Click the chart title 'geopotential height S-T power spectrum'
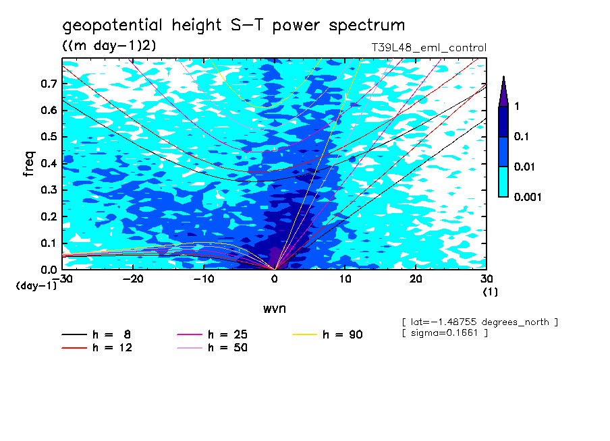coord(233,26)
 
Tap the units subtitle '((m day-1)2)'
coord(109,45)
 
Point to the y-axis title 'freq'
coord(29,163)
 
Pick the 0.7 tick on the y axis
coord(49,84)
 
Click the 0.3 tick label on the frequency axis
coord(49,190)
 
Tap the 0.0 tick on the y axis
coord(49,270)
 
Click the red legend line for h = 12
coord(74,348)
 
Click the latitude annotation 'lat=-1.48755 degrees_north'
coord(479,322)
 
